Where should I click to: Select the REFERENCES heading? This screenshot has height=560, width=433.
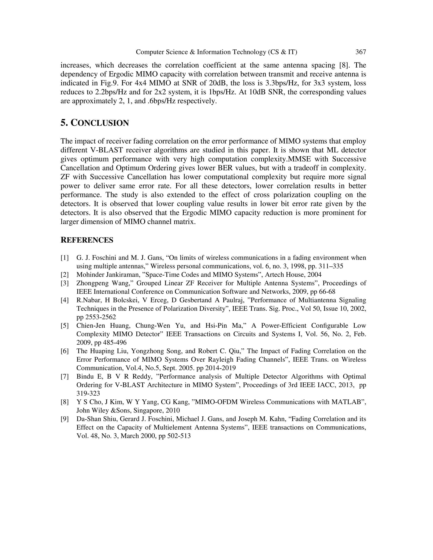click(x=87, y=240)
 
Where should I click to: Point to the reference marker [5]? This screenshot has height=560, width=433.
click(x=65, y=326)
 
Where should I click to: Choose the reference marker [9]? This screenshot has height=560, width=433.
click(x=65, y=419)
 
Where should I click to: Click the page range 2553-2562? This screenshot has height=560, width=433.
click(x=100, y=317)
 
